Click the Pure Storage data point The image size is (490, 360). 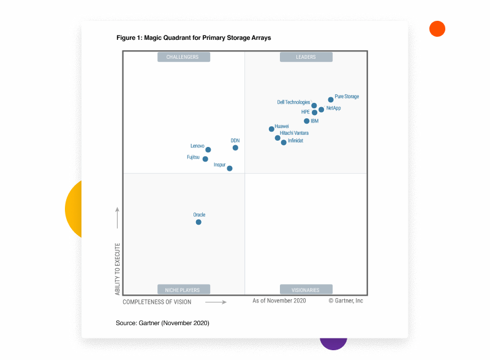[331, 99]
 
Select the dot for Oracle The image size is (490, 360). [198, 222]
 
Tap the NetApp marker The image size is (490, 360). [321, 110]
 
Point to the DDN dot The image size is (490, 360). [235, 148]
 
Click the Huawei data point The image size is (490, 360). [271, 129]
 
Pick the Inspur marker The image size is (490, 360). [230, 168]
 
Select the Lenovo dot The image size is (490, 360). [208, 149]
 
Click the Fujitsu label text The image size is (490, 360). [193, 157]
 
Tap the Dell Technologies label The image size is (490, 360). [293, 102]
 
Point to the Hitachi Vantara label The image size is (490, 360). [294, 133]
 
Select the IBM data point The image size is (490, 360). [307, 121]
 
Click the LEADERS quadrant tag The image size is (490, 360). [306, 57]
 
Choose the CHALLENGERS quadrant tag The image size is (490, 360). [183, 57]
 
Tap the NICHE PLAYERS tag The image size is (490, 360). [183, 290]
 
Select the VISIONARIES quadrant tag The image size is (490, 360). [306, 290]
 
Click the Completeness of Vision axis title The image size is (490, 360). [157, 302]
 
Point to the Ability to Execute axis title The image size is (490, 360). [118, 269]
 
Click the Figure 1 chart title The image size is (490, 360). [194, 38]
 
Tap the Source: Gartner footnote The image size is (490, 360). [162, 323]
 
